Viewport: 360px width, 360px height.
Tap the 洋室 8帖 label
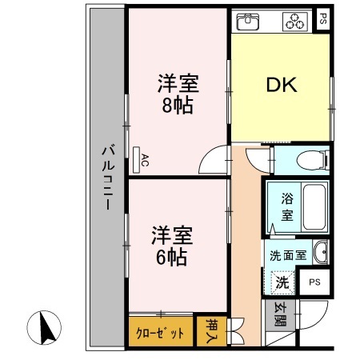click(176, 94)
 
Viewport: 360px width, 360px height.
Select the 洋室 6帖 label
click(171, 246)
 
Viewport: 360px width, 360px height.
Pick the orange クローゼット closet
click(160, 332)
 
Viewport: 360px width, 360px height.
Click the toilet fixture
click(309, 161)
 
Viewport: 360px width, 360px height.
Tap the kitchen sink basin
click(250, 22)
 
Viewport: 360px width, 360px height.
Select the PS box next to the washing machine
click(315, 282)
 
